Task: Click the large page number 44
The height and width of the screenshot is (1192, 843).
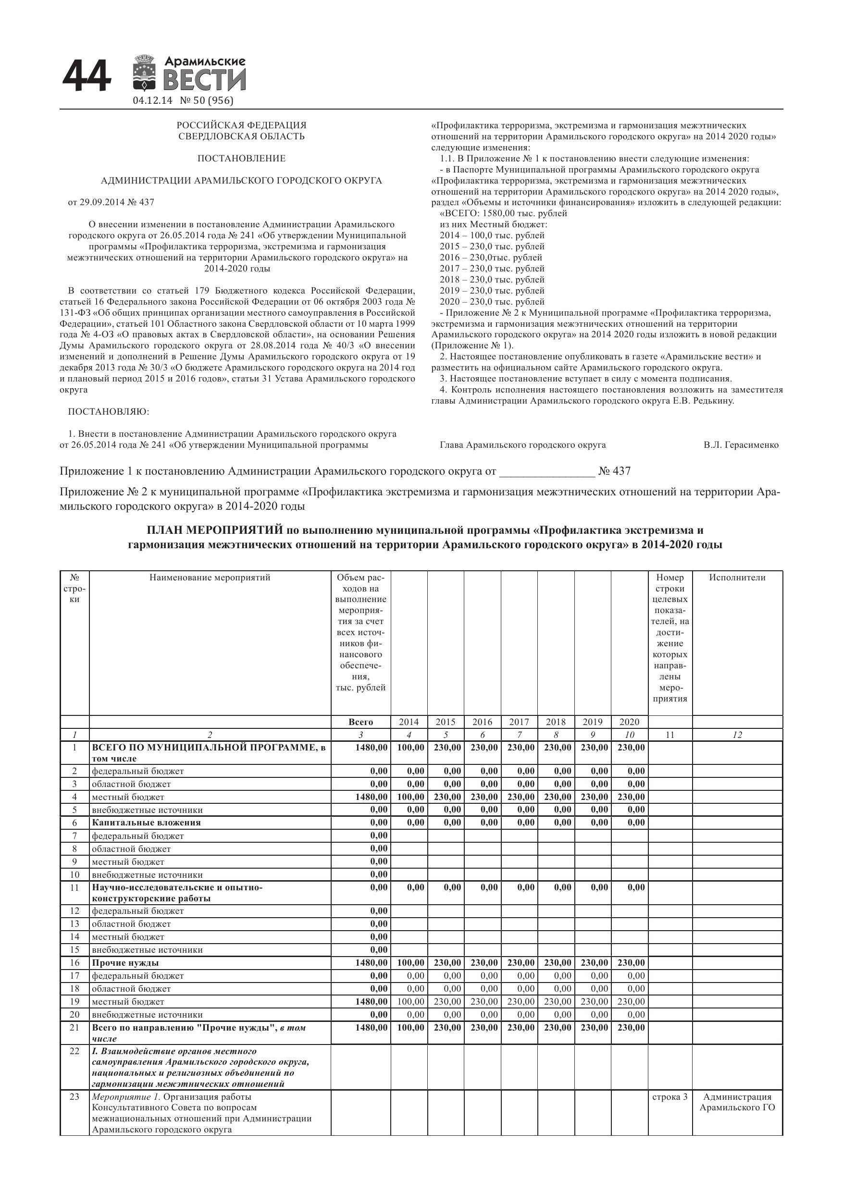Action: [x=87, y=77]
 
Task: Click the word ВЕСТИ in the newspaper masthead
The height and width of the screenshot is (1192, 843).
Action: [x=205, y=81]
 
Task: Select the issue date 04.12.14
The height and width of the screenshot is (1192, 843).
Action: [x=152, y=101]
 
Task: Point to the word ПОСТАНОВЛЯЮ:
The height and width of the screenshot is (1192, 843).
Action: [x=109, y=412]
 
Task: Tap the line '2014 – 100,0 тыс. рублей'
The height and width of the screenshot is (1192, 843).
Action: [x=492, y=235]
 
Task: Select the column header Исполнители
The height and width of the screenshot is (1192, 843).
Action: [x=737, y=578]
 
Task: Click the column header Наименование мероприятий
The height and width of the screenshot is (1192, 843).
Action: [x=210, y=578]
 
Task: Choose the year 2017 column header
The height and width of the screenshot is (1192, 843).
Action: [x=519, y=722]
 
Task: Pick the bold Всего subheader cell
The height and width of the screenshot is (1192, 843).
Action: [x=360, y=722]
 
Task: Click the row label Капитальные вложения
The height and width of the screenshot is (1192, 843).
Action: [x=146, y=823]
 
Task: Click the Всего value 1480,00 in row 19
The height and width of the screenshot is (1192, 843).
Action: [x=372, y=1001]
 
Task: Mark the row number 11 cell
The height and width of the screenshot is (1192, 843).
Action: [x=74, y=887]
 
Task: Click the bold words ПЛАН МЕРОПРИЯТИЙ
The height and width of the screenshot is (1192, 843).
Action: [x=214, y=530]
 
